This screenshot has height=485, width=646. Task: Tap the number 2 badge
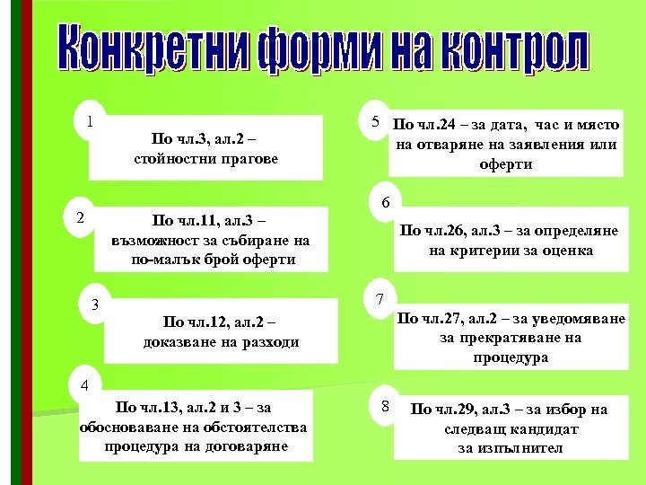pos(80,217)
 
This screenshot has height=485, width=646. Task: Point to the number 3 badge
pos(95,304)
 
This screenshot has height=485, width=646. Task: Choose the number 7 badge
pos(380,298)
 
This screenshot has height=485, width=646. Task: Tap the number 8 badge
pos(383,407)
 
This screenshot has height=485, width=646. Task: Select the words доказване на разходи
pos(221,342)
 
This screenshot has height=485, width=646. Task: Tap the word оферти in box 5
pos(506,164)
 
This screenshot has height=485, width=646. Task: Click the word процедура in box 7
pos(511,357)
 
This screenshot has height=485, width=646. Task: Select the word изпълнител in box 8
pos(510,447)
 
